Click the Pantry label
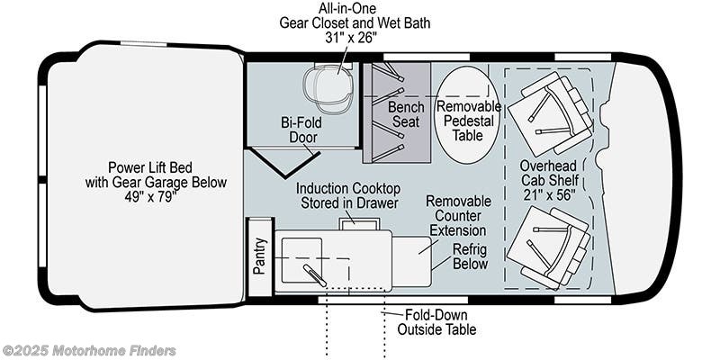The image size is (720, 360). [260, 257]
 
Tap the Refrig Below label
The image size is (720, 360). [469, 256]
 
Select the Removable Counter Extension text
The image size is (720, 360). [459, 216]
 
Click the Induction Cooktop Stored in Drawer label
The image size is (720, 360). [348, 195]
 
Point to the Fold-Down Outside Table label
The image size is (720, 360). [436, 321]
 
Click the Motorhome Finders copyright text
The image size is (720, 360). [89, 350]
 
